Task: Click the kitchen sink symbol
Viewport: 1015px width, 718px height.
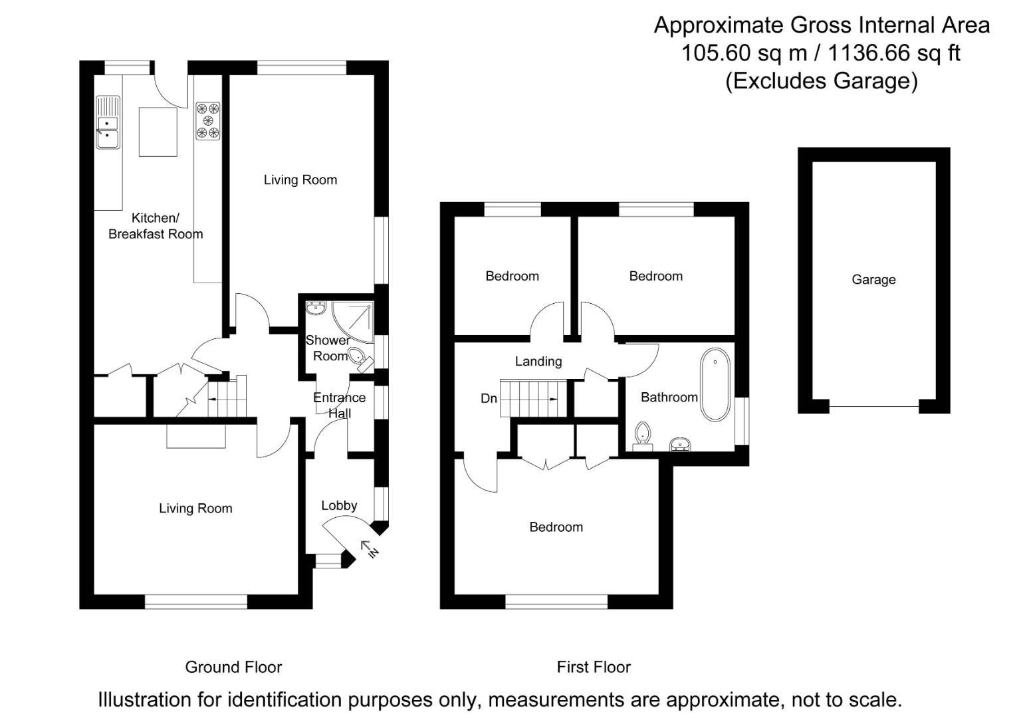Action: click(x=108, y=123)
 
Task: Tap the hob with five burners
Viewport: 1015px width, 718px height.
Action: click(x=207, y=120)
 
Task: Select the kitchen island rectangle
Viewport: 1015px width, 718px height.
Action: click(x=158, y=132)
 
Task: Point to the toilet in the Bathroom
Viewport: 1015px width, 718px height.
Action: click(x=642, y=435)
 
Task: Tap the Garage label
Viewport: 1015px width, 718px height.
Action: click(x=873, y=280)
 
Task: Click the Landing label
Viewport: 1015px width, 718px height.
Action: click(x=538, y=362)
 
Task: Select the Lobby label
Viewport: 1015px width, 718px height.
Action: click(x=339, y=506)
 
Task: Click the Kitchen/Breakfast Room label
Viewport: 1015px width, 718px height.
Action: click(x=156, y=226)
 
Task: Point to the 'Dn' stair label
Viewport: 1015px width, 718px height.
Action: click(x=489, y=399)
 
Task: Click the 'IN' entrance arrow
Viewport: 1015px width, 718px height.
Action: click(x=369, y=549)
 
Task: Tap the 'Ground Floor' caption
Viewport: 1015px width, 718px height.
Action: click(x=233, y=667)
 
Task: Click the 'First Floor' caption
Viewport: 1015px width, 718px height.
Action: click(x=594, y=667)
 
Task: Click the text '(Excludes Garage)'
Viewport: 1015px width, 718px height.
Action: click(x=822, y=80)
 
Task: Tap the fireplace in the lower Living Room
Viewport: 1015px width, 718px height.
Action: click(x=196, y=436)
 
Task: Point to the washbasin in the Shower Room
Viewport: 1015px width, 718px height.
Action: click(x=316, y=308)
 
